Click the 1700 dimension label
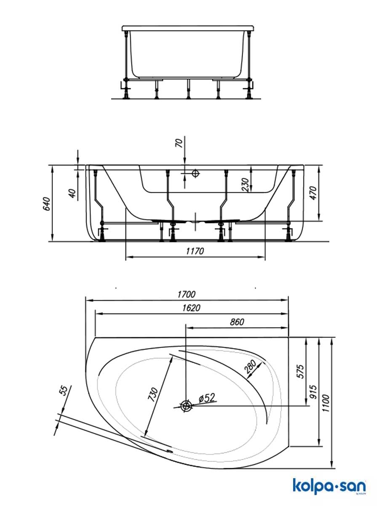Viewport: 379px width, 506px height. coord(187,294)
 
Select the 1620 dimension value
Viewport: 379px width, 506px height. coord(191,308)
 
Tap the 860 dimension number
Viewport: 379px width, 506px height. coord(237,322)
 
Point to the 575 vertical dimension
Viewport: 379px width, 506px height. coord(301,371)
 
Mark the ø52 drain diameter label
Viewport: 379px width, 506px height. coord(207,398)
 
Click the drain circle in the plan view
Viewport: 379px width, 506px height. coord(186,406)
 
